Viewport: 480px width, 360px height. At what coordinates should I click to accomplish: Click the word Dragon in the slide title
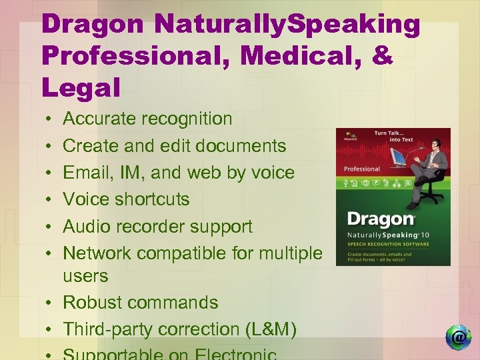click(x=91, y=25)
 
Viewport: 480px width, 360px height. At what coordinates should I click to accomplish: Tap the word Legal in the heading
click(x=80, y=87)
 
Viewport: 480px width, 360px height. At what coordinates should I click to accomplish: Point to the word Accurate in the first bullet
click(x=100, y=119)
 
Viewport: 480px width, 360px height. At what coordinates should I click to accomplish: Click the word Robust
click(x=93, y=302)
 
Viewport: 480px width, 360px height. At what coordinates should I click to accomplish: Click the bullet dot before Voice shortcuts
click(x=51, y=199)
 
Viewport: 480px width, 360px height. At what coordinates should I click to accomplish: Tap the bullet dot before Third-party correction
click(x=51, y=329)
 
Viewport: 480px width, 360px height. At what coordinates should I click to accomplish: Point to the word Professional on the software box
click(x=362, y=169)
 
